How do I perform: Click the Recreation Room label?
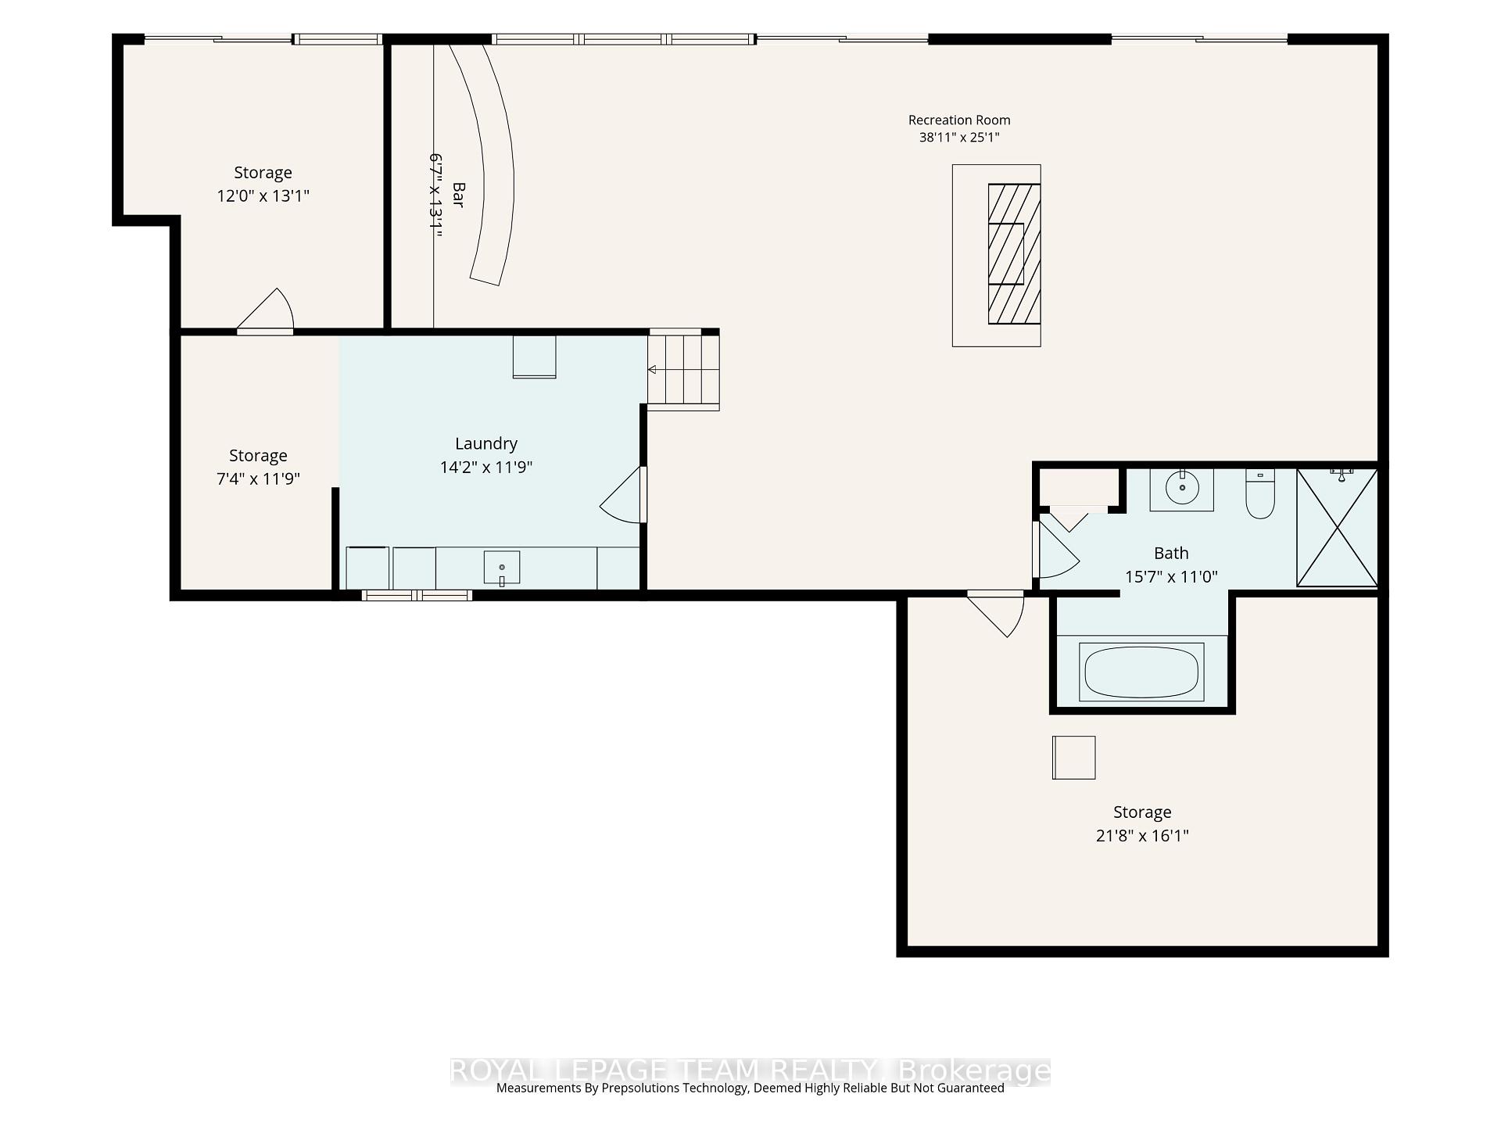point(959,120)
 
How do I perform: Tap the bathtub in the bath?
point(1141,672)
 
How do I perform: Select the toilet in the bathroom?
point(1260,494)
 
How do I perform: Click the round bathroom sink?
point(1182,489)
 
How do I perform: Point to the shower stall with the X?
point(1337,527)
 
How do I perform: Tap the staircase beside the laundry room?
point(683,369)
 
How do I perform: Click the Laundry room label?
point(486,443)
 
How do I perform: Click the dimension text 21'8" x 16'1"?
point(1142,835)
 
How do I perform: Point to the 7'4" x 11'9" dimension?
point(258,479)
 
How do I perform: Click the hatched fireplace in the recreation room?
point(1014,254)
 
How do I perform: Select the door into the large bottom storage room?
point(996,614)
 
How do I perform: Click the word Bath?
point(1171,553)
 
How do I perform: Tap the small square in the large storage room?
point(1073,758)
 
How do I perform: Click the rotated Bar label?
point(458,195)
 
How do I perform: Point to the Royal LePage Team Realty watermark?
point(750,1070)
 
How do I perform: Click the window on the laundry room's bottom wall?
point(417,595)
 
